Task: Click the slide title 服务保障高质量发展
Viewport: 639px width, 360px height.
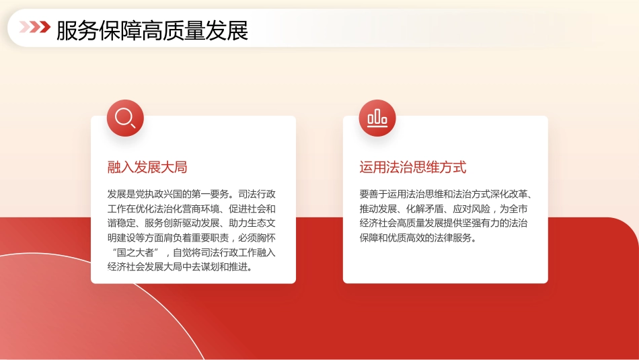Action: (x=152, y=30)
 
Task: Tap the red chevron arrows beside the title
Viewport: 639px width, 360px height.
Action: (x=34, y=28)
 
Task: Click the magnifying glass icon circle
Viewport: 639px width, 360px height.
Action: (x=125, y=118)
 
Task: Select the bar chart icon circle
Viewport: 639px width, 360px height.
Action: (x=377, y=118)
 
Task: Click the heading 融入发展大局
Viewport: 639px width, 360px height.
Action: (x=147, y=168)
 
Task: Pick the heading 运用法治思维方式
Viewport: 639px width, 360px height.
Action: (x=413, y=168)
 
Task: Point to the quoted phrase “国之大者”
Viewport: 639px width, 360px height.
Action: (x=136, y=252)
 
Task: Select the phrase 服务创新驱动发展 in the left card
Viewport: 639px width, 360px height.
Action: (x=182, y=223)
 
